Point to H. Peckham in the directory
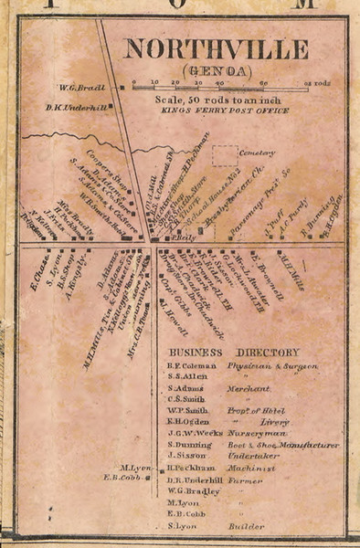189,467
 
